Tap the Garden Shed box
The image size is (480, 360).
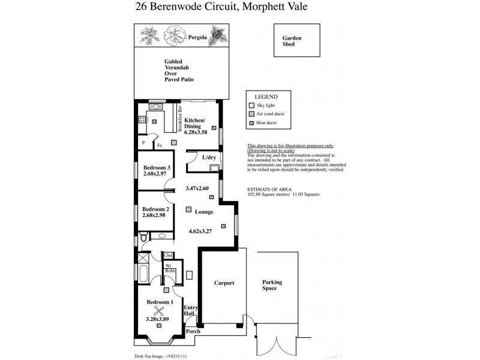coord(292,41)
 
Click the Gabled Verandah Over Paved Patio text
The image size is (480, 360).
coord(179,70)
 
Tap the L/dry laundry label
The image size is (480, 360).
coord(209,157)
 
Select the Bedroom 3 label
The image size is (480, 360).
coord(157,167)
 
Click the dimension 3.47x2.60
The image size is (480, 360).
coord(197,188)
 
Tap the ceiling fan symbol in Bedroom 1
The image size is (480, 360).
coord(159,310)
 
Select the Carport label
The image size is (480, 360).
coord(224,283)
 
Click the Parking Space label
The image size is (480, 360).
coord(272,285)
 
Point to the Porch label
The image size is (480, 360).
coord(193,331)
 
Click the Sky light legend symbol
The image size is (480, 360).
coord(252,104)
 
